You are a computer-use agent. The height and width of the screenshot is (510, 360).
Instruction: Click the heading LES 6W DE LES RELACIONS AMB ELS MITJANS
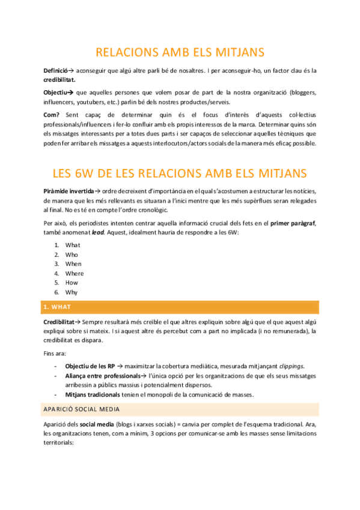[x=180, y=174]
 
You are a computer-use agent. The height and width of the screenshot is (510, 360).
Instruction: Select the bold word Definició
[x=58, y=70]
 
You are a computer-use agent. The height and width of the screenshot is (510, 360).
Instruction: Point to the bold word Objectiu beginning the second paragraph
[x=56, y=93]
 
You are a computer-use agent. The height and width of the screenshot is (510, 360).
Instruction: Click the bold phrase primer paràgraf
[x=293, y=224]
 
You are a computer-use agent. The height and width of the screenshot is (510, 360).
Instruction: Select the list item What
[x=73, y=245]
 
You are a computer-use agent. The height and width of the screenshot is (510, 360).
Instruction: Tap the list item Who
[x=72, y=254]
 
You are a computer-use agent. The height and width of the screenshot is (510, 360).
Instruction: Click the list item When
[x=73, y=264]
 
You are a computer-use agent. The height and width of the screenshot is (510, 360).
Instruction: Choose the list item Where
[x=75, y=274]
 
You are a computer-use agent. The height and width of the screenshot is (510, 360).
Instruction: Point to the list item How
[x=72, y=283]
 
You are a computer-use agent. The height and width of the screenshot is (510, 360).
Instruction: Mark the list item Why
[x=72, y=292]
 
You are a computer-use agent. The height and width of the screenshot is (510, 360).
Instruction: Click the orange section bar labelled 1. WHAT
[x=180, y=307]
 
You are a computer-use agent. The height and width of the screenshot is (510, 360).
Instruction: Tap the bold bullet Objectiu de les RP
[x=89, y=366]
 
